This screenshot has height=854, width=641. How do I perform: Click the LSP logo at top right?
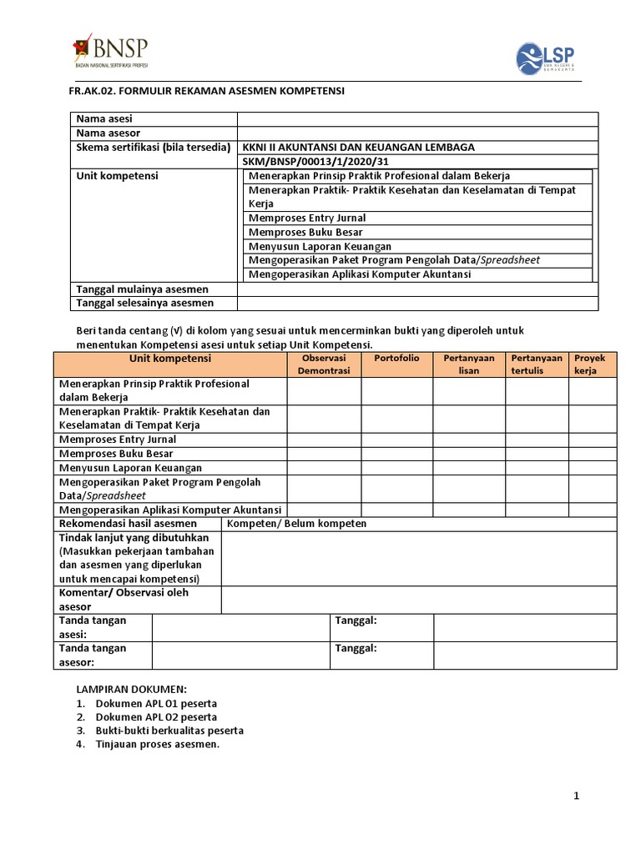[x=545, y=59]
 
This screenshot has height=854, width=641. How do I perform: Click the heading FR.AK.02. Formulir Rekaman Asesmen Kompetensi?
[x=205, y=90]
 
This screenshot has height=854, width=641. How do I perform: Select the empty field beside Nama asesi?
[x=416, y=119]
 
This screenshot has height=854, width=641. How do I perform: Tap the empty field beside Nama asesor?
[x=416, y=133]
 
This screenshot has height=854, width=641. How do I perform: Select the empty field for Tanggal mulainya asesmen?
[x=416, y=289]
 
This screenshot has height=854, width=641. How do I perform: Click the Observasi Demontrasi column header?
[x=324, y=364]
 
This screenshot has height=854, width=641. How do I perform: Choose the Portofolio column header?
[x=396, y=358]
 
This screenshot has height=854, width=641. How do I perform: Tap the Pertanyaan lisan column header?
[x=468, y=364]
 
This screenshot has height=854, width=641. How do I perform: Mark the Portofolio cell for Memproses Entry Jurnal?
[x=396, y=440]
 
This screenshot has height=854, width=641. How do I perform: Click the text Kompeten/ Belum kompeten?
[x=297, y=524]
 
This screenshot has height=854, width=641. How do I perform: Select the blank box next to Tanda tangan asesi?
[x=241, y=628]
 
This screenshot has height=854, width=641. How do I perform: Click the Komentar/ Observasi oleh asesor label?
[x=124, y=600]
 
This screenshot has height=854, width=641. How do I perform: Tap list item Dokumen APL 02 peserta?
[x=156, y=716]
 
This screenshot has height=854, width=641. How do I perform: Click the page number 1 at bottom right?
[x=576, y=796]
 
